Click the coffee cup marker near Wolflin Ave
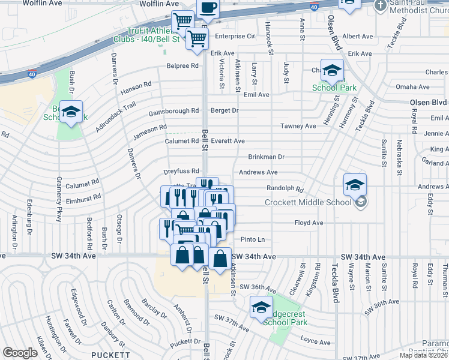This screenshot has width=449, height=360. pyautogui.click(x=208, y=8)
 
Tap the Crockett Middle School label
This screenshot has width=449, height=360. pyautogui.click(x=308, y=202)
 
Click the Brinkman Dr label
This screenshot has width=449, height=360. pyautogui.click(x=266, y=157)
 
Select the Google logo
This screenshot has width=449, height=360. pyautogui.click(x=20, y=352)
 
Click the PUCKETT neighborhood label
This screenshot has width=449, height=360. pyautogui.click(x=110, y=355)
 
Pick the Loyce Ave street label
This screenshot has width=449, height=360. pyautogui.click(x=316, y=343)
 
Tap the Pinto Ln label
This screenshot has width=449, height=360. pyautogui.click(x=253, y=239)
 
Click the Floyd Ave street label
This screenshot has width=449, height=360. pyautogui.click(x=309, y=223)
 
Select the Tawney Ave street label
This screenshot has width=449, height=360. pyautogui.click(x=298, y=126)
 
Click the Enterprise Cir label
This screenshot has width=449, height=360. pyautogui.click(x=235, y=36)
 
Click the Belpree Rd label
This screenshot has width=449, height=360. pyautogui.click(x=182, y=65)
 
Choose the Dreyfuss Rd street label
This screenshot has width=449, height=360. pyautogui.click(x=181, y=171)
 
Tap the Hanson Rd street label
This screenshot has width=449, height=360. pyautogui.click(x=136, y=88)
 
